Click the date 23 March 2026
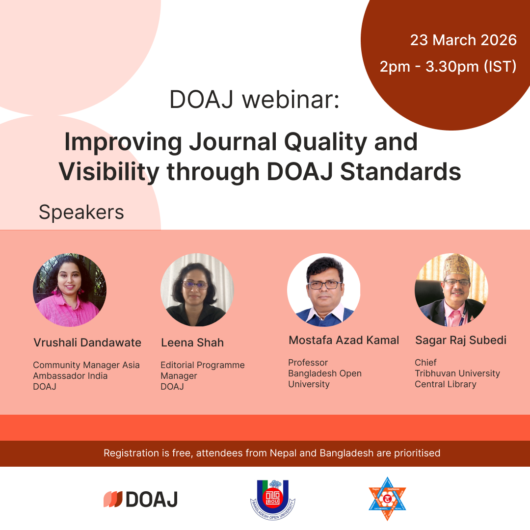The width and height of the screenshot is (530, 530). (463, 40)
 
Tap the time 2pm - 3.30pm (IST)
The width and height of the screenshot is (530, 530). (448, 67)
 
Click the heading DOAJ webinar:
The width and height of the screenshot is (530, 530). (255, 100)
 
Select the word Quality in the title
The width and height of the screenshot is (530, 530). (325, 143)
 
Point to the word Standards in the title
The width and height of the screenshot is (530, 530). (400, 172)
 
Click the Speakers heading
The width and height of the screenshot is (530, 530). (81, 212)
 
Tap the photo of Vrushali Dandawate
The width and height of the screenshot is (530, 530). (70, 290)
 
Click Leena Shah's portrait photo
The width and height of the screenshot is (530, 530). (197, 290)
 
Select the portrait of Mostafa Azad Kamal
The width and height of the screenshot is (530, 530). (324, 290)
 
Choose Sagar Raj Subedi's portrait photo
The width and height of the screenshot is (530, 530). (451, 290)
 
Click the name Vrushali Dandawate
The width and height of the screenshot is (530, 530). (87, 343)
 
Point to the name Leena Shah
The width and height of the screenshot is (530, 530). (192, 343)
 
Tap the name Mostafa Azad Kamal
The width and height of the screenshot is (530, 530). (344, 340)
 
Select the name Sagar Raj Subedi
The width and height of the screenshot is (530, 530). (461, 341)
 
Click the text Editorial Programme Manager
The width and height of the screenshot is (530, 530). (203, 371)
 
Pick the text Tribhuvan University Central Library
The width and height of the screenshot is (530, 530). (457, 378)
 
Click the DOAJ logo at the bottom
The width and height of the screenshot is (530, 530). (141, 499)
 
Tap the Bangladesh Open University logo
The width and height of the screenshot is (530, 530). (273, 500)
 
